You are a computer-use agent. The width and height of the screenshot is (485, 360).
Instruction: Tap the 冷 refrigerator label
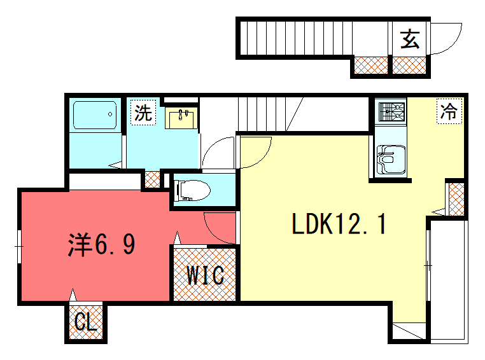(448, 113)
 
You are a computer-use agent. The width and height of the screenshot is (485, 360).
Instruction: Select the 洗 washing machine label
(144, 113)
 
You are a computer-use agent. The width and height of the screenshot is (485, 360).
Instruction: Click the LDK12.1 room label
(339, 224)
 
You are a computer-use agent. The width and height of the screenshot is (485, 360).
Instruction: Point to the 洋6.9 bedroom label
(102, 244)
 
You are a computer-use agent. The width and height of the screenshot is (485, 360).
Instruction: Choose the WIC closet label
(205, 275)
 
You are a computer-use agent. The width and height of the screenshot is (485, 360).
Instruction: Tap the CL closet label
(85, 323)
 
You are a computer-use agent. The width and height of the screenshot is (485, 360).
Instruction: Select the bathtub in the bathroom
(94, 116)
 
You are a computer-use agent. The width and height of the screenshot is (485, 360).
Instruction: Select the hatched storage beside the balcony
(456, 198)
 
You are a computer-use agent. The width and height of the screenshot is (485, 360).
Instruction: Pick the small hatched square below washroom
(152, 179)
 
